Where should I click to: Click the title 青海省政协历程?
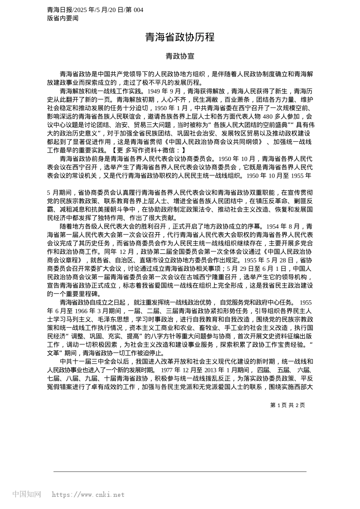coord(180,37)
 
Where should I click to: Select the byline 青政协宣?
coord(180,56)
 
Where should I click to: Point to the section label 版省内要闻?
coord(63,18)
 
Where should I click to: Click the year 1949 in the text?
coord(154,91)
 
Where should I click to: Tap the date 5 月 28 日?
coord(279,260)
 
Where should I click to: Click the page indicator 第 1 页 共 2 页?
coord(288,405)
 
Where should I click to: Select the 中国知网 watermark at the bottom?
coord(27,494)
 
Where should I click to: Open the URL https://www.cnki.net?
coord(88,494)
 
